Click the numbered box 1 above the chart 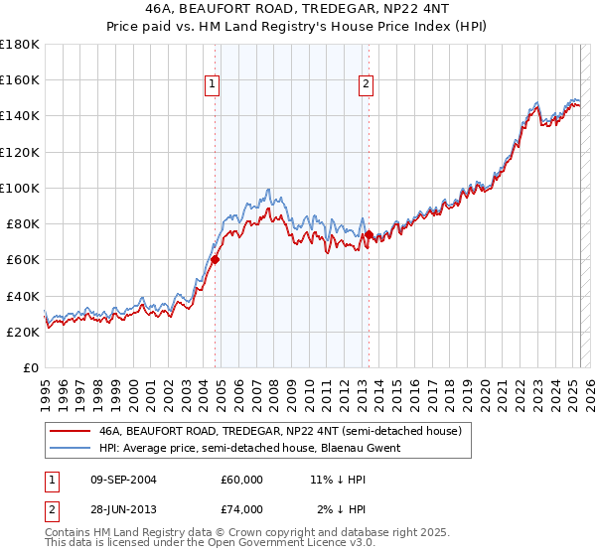tap(214, 85)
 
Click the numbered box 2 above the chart tap(367, 85)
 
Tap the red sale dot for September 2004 tap(215, 258)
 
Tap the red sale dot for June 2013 tap(369, 234)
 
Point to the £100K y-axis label tap(19, 188)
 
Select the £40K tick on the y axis tap(22, 296)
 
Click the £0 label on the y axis tap(30, 368)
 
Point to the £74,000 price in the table tap(242, 509)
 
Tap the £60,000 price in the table tap(242, 480)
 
